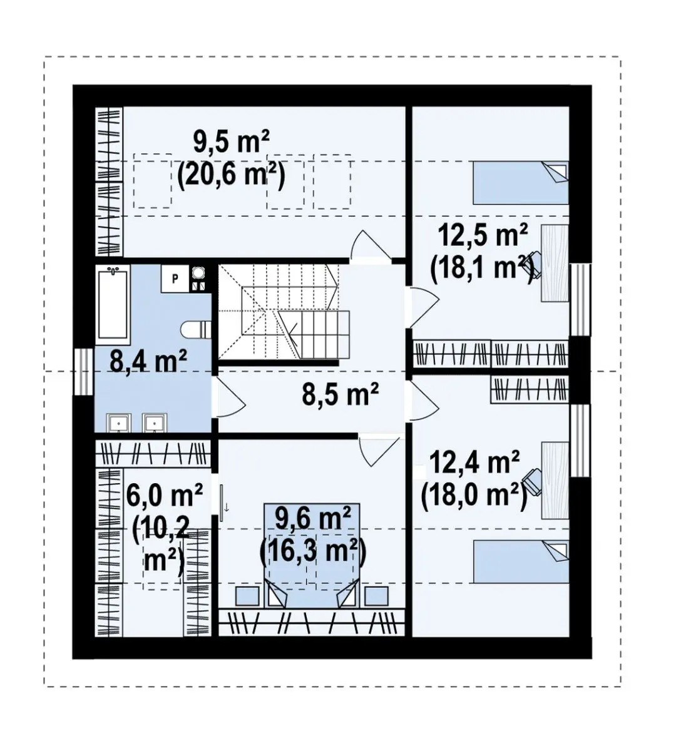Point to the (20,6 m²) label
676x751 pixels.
pyautogui.click(x=231, y=175)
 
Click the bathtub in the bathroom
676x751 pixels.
pyautogui.click(x=113, y=304)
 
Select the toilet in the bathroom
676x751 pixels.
pyautogui.click(x=195, y=330)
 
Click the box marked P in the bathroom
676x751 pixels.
pyautogui.click(x=175, y=279)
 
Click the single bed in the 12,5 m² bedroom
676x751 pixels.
pyautogui.click(x=521, y=183)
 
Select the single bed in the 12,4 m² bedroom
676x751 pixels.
pyautogui.click(x=521, y=561)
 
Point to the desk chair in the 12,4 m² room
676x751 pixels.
pyautogui.click(x=532, y=484)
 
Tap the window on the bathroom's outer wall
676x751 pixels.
pyautogui.click(x=83, y=372)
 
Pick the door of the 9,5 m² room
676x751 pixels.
pyautogui.click(x=371, y=244)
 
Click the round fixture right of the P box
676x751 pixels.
pyautogui.click(x=198, y=272)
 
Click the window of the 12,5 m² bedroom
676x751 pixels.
pyautogui.click(x=580, y=300)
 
